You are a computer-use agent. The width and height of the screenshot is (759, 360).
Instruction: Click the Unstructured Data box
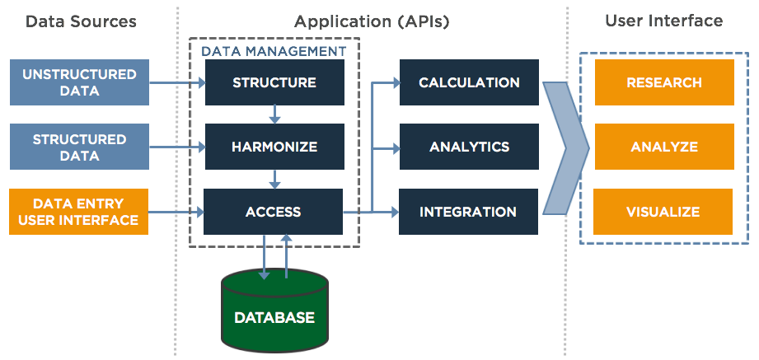pyautogui.click(x=79, y=82)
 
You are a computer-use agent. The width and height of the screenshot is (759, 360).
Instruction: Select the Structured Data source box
pyautogui.click(x=79, y=147)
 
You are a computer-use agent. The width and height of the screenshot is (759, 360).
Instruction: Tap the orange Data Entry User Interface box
pyautogui.click(x=79, y=212)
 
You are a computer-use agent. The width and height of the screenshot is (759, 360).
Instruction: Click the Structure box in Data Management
pyautogui.click(x=274, y=82)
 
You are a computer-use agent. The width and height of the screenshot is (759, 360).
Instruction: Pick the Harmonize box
pyautogui.click(x=274, y=147)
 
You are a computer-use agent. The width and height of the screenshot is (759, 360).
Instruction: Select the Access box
pyautogui.click(x=274, y=212)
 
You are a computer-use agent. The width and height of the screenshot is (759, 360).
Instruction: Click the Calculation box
pyautogui.click(x=469, y=82)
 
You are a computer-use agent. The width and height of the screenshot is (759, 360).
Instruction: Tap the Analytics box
pyautogui.click(x=469, y=147)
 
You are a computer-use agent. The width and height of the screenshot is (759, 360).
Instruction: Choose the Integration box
pyautogui.click(x=469, y=212)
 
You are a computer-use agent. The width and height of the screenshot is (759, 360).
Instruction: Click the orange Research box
pyautogui.click(x=663, y=82)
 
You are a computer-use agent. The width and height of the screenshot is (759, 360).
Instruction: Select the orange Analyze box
pyautogui.click(x=663, y=147)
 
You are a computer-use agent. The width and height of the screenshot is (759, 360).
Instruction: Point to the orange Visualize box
pyautogui.click(x=663, y=212)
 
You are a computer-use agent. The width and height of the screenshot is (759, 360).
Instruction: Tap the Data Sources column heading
pyautogui.click(x=81, y=21)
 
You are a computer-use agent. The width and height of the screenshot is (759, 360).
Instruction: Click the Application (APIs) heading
pyautogui.click(x=372, y=21)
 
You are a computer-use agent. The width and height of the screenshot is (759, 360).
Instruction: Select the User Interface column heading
pyautogui.click(x=663, y=21)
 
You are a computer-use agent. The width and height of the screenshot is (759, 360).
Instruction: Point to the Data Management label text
pyautogui.click(x=274, y=51)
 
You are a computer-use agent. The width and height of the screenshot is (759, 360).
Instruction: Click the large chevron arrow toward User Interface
pyautogui.click(x=567, y=147)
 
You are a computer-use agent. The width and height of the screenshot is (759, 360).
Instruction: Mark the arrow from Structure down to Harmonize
pyautogui.click(x=274, y=114)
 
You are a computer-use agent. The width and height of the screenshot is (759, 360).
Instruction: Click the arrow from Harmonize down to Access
pyautogui.click(x=274, y=179)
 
